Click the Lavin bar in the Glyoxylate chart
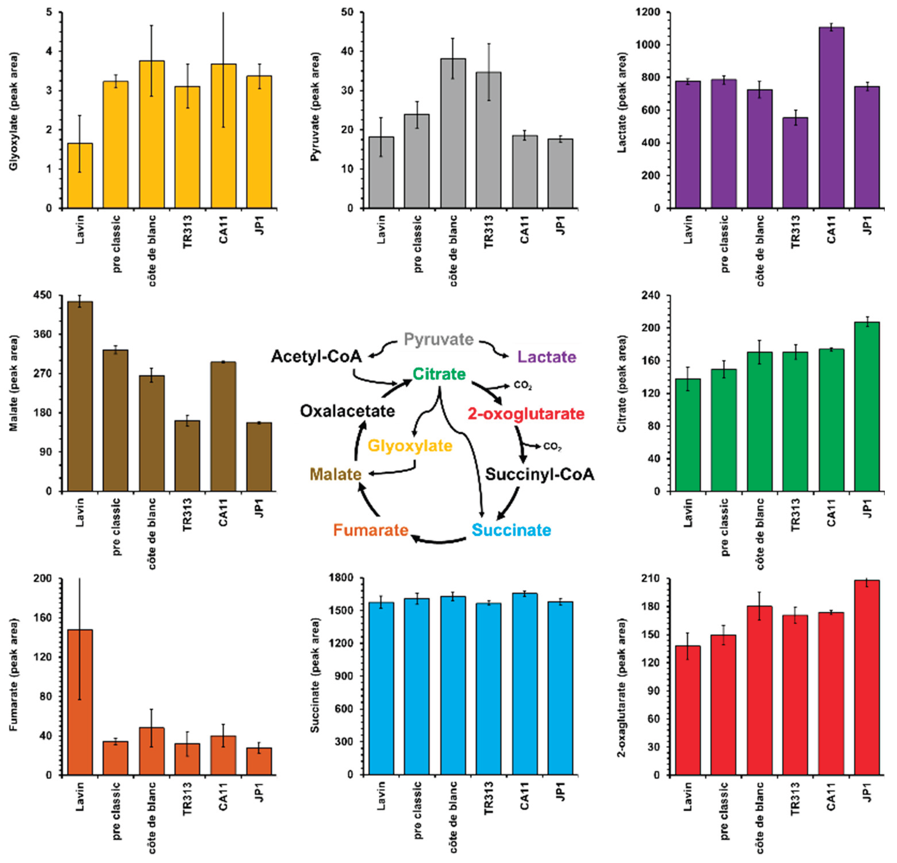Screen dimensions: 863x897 click(80, 176)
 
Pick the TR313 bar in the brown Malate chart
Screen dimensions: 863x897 click(187, 456)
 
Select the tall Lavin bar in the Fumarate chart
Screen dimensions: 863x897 click(80, 702)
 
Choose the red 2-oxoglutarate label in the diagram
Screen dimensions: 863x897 click(526, 414)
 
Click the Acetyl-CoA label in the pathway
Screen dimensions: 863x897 click(316, 356)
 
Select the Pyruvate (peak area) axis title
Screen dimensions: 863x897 click(315, 108)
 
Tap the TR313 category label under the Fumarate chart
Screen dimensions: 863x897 click(187, 799)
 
